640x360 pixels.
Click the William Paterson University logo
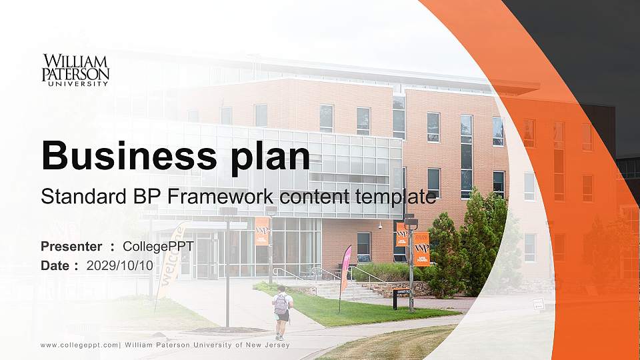coord(75,70)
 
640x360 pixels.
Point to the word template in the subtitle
coord(397,197)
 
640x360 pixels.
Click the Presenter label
coord(71,247)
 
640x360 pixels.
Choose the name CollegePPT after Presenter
coord(159,247)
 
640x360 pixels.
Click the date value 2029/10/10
coord(120,265)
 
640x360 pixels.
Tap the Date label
coord(57,265)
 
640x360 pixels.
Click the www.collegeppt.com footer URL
coord(79,345)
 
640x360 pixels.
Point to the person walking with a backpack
coord(282,312)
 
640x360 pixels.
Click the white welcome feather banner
coord(169,260)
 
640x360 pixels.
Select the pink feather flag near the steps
coord(345,270)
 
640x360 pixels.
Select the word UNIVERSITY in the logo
coord(75,84)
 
